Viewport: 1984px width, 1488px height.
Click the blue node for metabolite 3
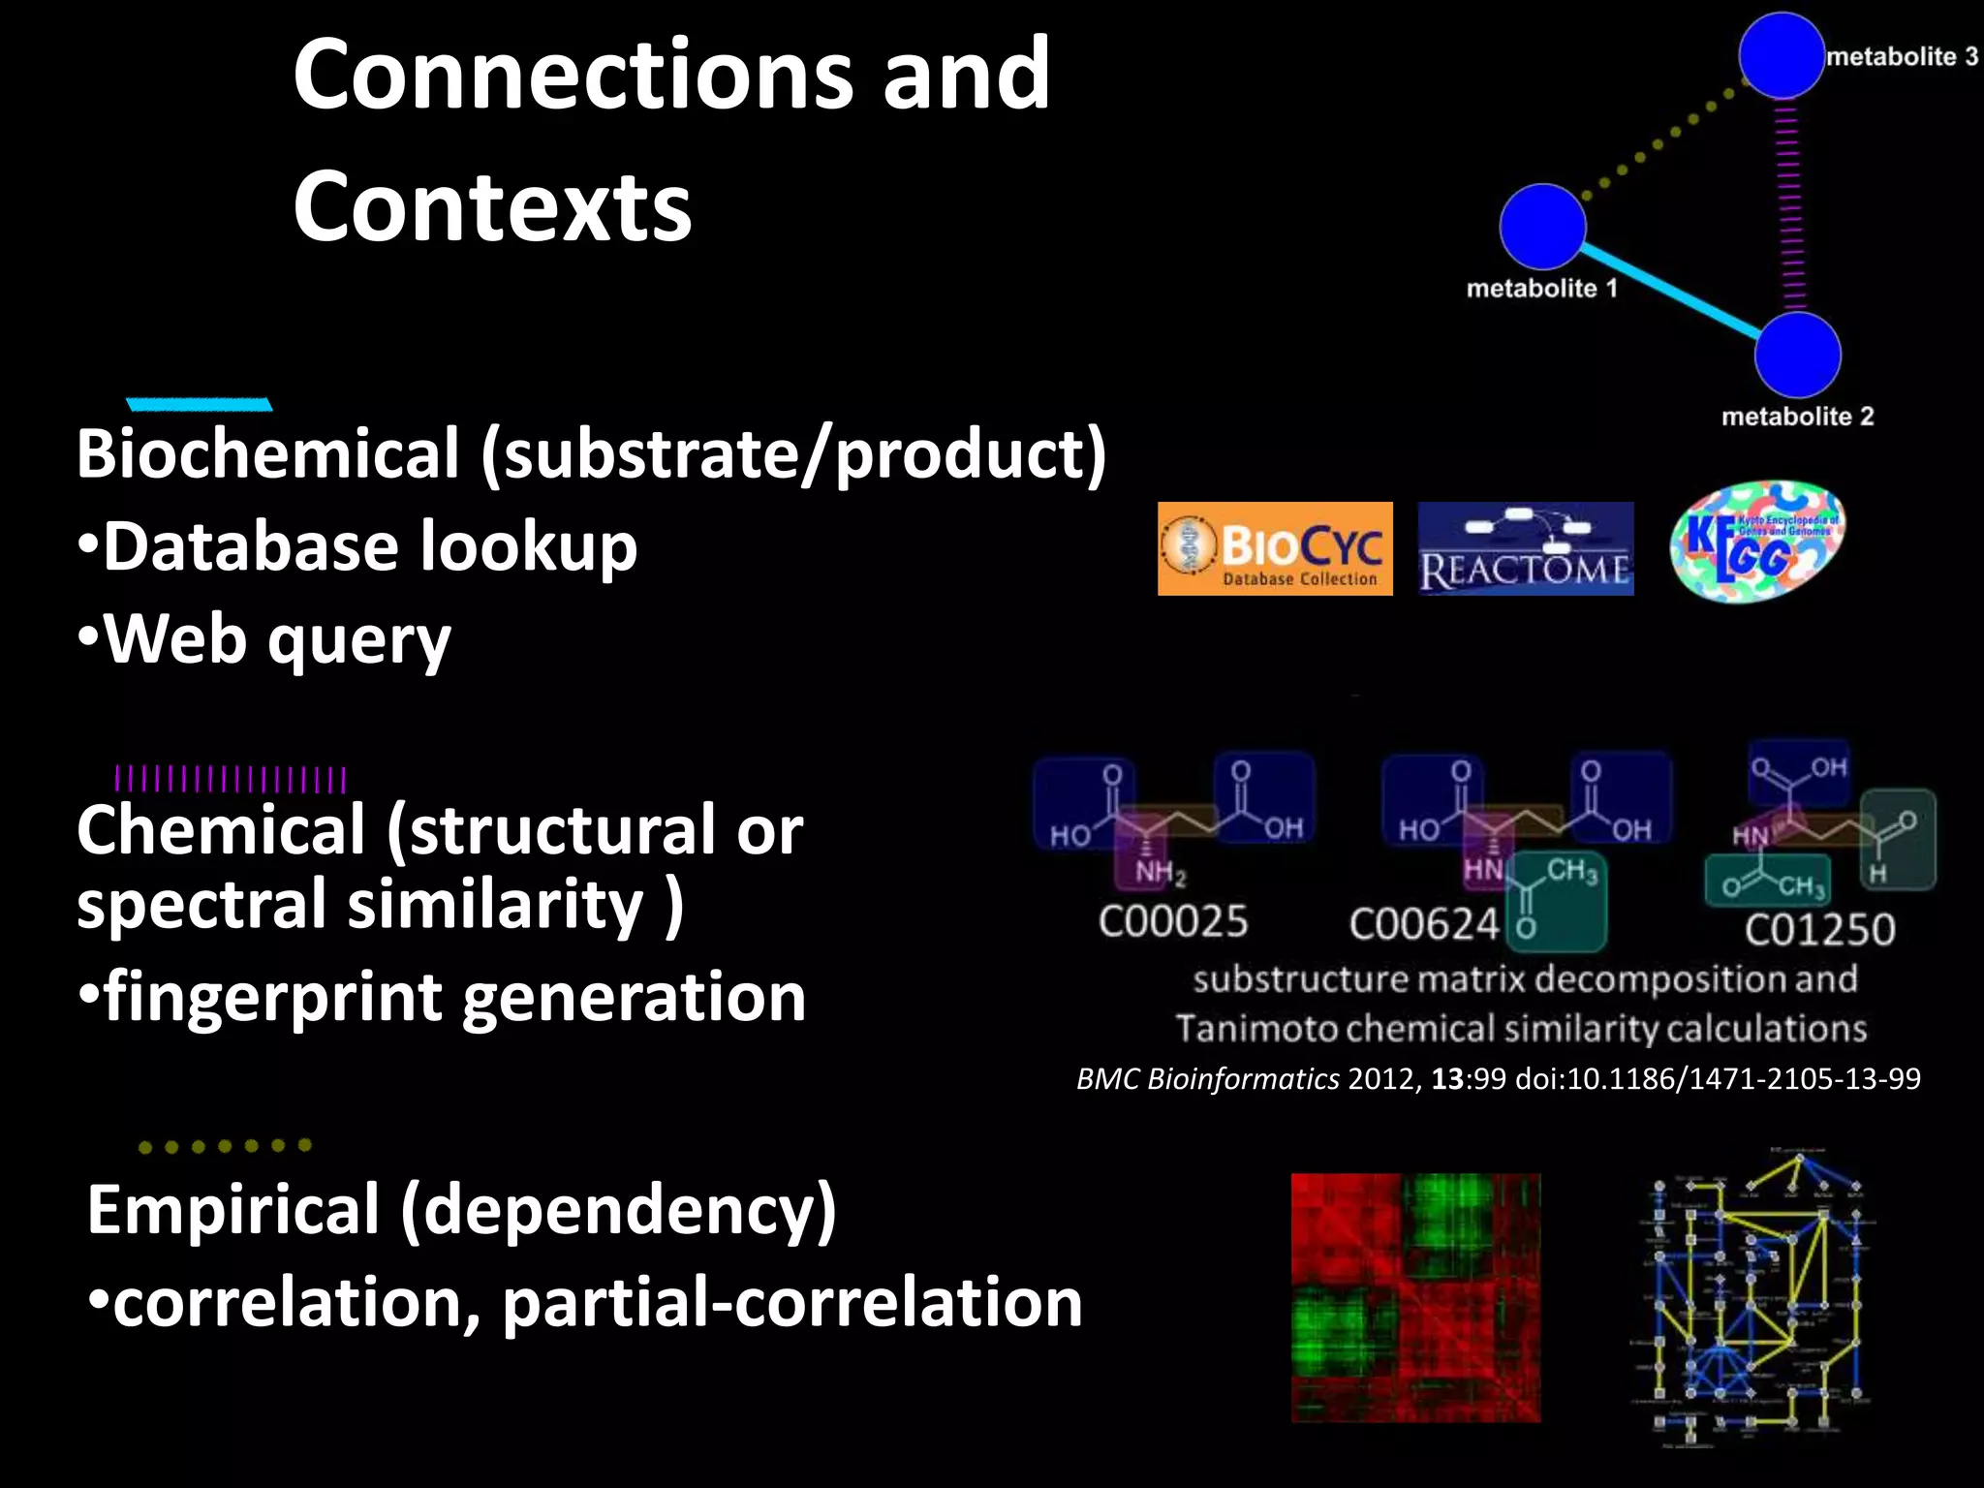point(1781,55)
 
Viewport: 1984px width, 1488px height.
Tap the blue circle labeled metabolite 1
point(1542,227)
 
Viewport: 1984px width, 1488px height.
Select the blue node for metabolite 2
point(1797,355)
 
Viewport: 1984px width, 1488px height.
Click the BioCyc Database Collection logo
point(1275,548)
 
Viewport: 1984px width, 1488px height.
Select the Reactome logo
point(1526,548)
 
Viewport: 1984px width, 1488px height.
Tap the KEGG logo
point(1757,542)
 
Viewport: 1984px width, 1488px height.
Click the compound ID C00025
point(1173,921)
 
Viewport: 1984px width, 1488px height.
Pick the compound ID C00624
point(1424,925)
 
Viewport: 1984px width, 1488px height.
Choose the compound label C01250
point(1819,930)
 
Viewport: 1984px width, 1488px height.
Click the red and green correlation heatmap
point(1415,1298)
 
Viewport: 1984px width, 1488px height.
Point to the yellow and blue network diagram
point(1754,1298)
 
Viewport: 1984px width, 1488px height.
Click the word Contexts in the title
point(492,207)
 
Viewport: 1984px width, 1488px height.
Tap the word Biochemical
point(268,453)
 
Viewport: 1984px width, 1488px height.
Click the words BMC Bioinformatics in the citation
point(1208,1079)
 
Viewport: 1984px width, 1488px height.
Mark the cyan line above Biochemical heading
point(199,405)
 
